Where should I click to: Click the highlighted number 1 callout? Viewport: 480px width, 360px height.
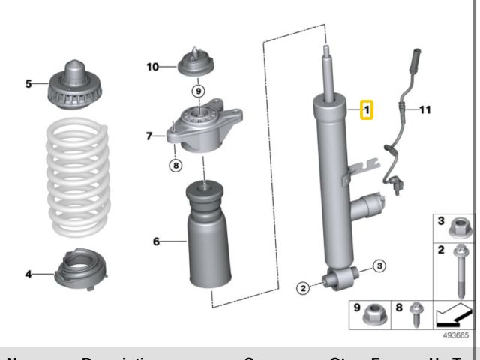point(367,110)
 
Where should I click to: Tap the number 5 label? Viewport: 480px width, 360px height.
point(28,84)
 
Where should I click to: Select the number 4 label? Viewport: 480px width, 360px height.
point(28,274)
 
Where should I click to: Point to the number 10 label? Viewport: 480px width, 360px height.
point(153,67)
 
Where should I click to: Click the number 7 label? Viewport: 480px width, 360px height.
point(149,136)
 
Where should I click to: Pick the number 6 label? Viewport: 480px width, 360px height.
point(156,241)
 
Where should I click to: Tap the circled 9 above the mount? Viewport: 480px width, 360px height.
point(197,91)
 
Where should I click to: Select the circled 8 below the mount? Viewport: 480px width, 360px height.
point(175,166)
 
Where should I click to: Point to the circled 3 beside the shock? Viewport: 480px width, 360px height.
point(379,265)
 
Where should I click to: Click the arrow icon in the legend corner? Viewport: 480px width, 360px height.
point(454,315)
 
